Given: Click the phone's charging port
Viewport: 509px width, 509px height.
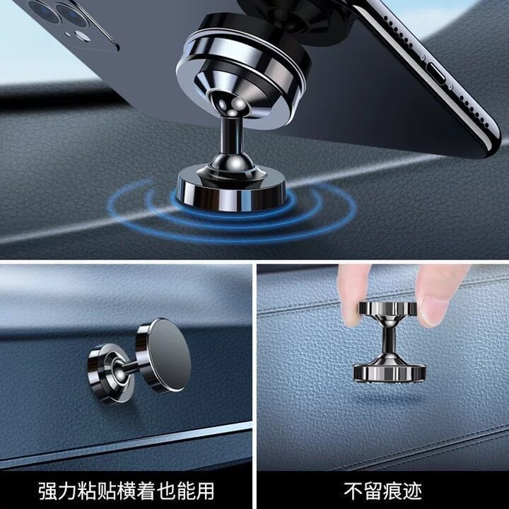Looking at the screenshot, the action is pyautogui.click(x=438, y=72).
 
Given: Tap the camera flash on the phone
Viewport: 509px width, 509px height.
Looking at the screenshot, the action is pyautogui.click(x=83, y=36).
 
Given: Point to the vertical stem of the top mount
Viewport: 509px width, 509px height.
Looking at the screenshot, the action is pyautogui.click(x=230, y=136).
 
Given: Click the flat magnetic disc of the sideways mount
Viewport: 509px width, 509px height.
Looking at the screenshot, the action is pyautogui.click(x=168, y=355).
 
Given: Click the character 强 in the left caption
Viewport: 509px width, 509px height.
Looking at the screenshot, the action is pyautogui.click(x=48, y=491).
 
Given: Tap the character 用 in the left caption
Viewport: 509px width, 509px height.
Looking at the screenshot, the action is pyautogui.click(x=204, y=491).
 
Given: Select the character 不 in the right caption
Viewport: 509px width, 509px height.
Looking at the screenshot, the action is pyautogui.click(x=353, y=491).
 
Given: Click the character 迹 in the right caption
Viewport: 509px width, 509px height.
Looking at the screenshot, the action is pyautogui.click(x=412, y=491).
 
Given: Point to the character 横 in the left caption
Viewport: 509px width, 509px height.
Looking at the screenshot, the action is pyautogui.click(x=127, y=491).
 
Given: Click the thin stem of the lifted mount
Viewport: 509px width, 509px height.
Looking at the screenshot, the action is pyautogui.click(x=389, y=340).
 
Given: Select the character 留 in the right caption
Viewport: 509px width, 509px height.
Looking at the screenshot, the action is pyautogui.click(x=373, y=491).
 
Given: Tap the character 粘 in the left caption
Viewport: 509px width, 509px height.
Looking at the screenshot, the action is pyautogui.click(x=87, y=491).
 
